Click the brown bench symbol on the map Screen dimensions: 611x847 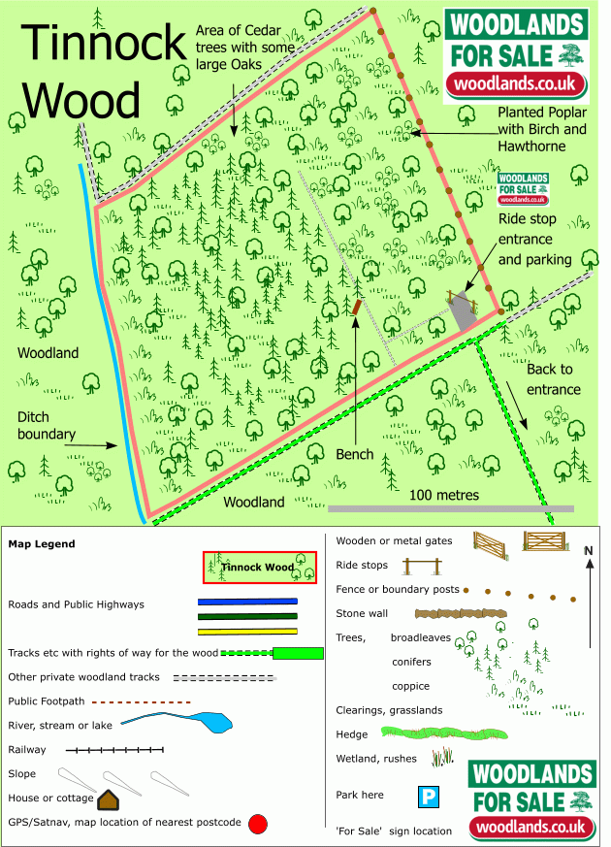(356, 308)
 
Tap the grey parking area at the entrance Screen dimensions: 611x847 (463, 311)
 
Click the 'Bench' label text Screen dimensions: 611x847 (355, 454)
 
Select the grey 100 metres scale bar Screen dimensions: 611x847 (451, 508)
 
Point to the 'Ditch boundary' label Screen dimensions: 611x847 (46, 426)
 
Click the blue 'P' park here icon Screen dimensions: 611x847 (429, 797)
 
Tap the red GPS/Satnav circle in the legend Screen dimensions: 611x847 (258, 825)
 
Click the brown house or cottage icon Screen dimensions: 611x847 (108, 800)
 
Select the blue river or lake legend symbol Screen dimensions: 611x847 (177, 722)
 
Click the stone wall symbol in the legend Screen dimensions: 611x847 (461, 613)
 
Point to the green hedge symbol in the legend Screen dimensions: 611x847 (444, 733)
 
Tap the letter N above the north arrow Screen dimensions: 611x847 (589, 550)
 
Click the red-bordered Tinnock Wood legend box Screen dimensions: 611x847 (260, 568)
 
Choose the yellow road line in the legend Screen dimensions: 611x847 (247, 632)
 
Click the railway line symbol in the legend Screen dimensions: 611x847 (114, 750)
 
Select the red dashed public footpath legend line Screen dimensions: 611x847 (142, 702)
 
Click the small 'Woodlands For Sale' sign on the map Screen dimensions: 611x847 (523, 189)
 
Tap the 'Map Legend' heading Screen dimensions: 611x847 (42, 544)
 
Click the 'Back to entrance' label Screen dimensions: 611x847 (553, 379)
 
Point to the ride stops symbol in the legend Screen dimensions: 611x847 (422, 567)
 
